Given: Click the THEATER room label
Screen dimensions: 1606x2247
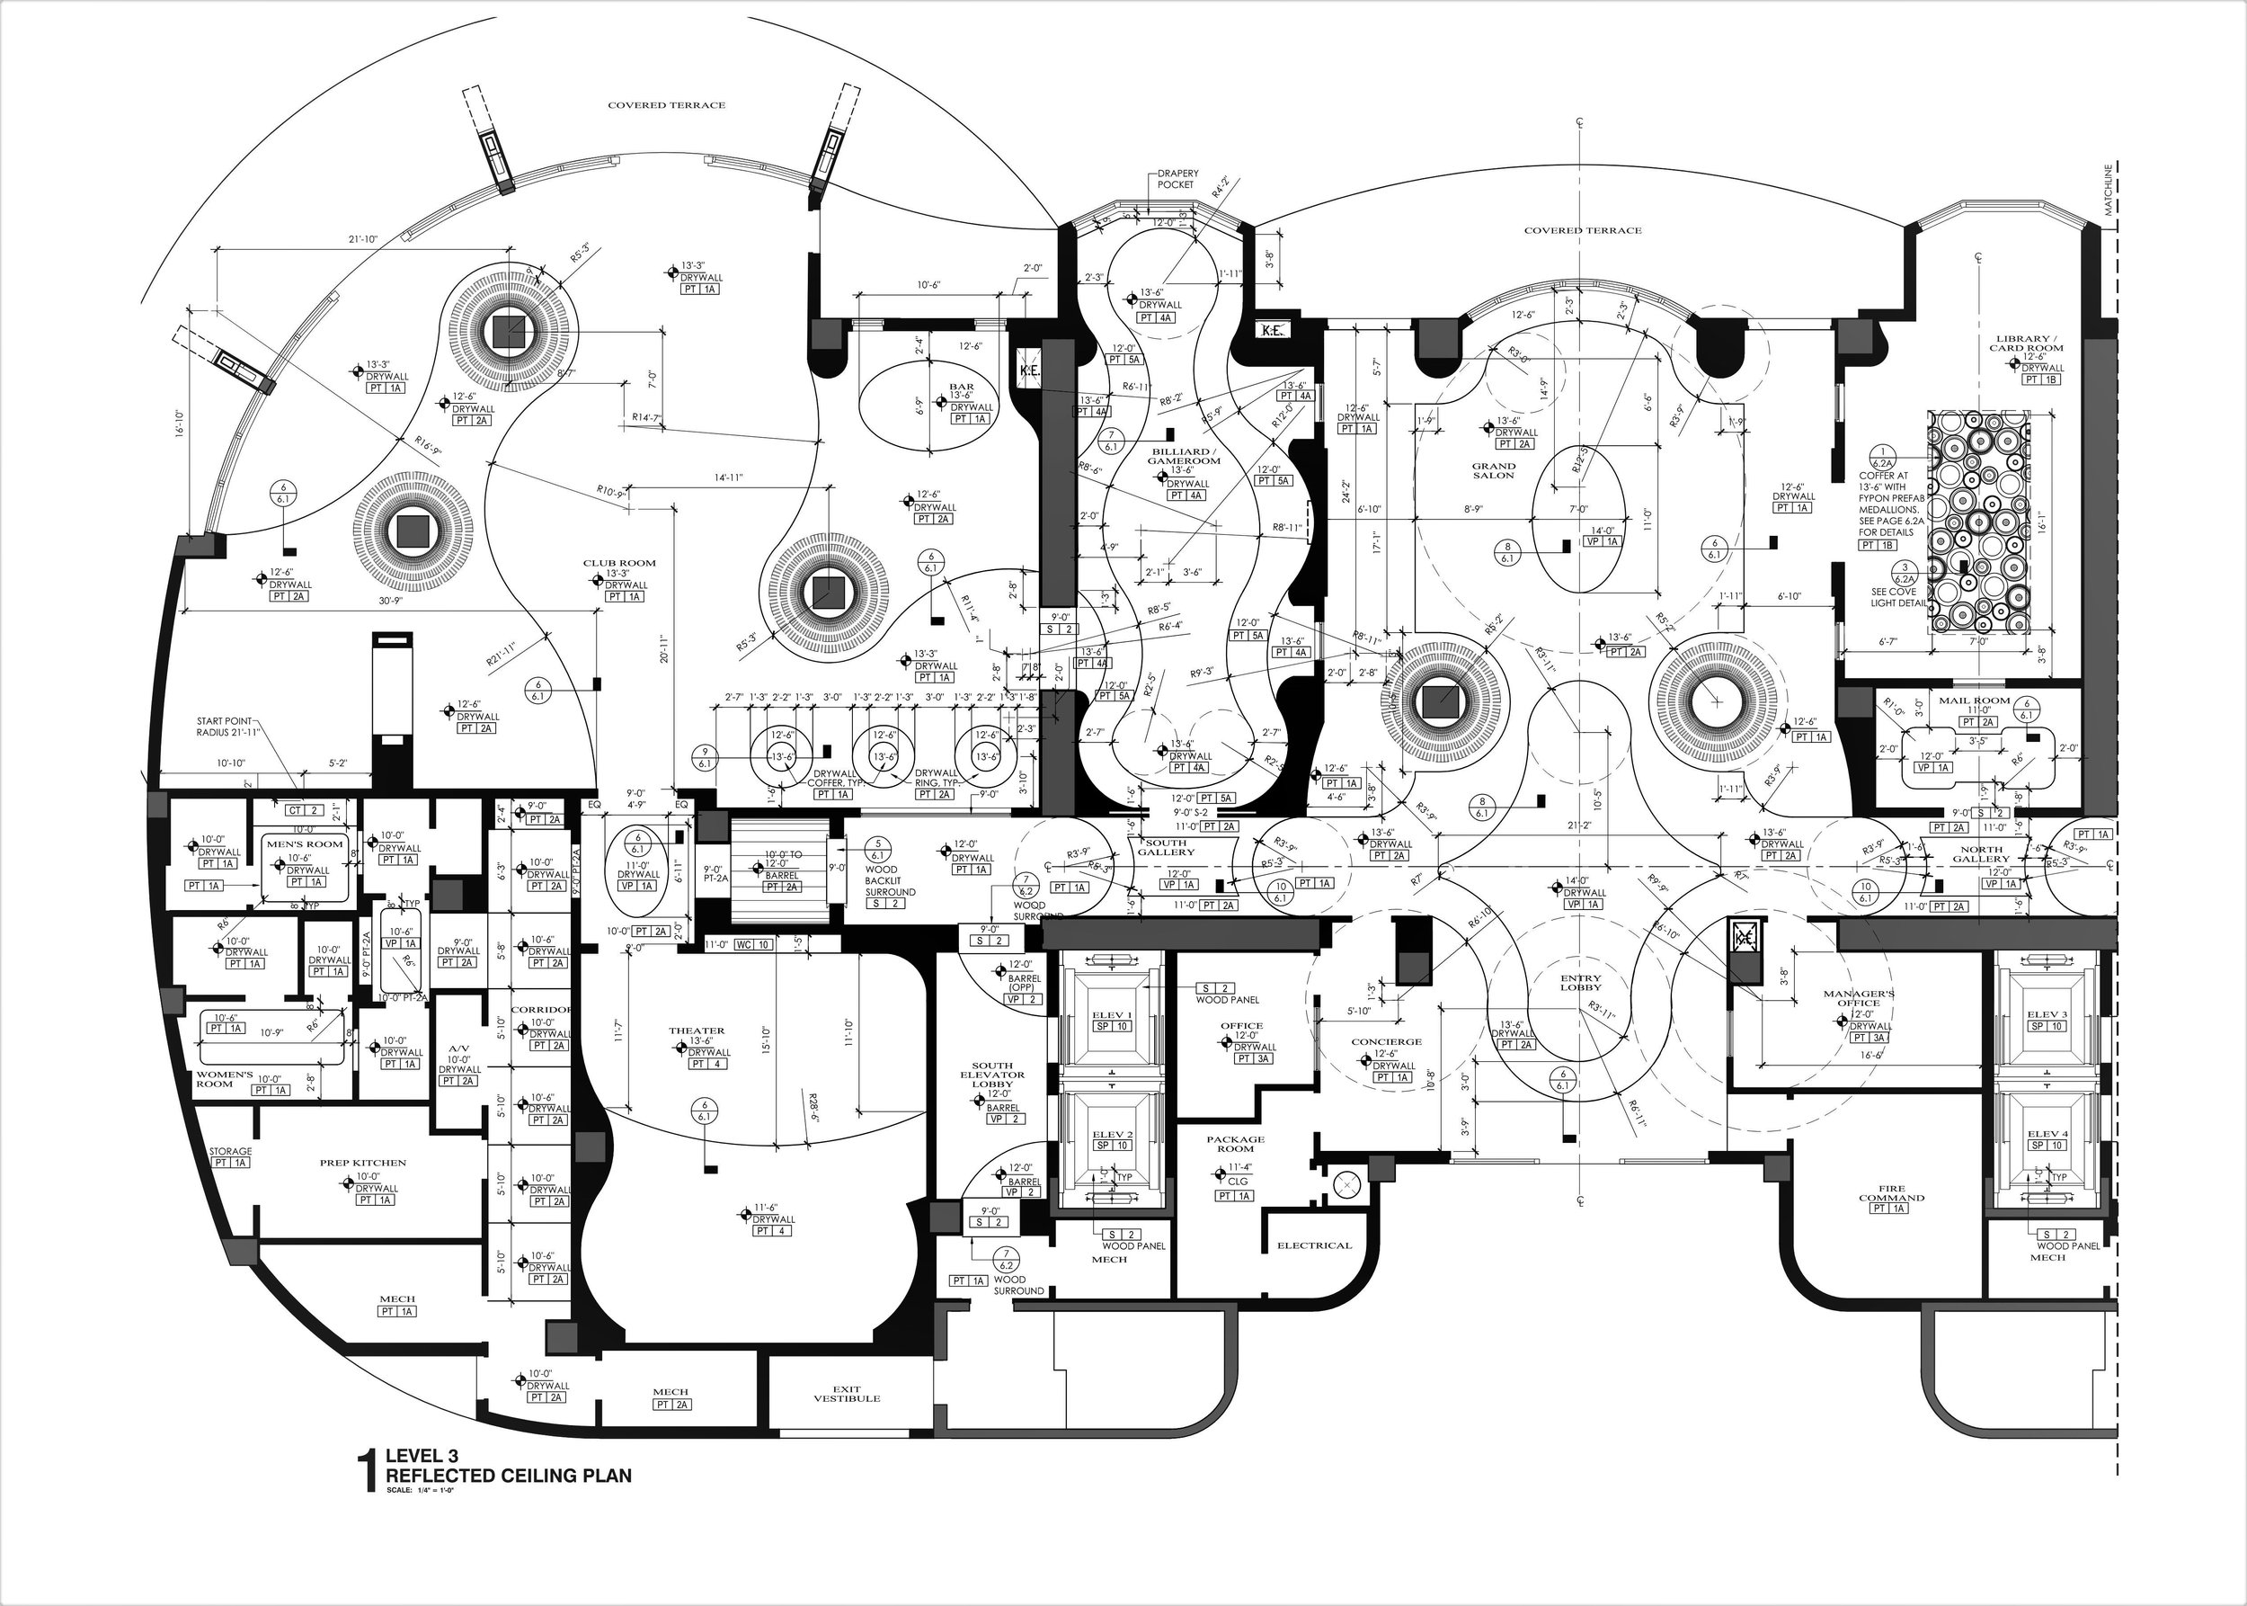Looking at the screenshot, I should tap(696, 1031).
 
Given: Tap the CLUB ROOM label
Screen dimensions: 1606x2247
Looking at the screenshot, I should tap(619, 563).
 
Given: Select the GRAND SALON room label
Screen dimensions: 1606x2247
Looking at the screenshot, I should tap(1493, 470).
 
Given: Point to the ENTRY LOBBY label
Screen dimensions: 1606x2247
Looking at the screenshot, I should tap(1580, 982).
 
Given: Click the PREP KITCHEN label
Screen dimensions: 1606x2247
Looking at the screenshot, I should tap(363, 1163).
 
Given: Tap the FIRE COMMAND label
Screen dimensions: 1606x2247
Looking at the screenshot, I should tap(1891, 1192).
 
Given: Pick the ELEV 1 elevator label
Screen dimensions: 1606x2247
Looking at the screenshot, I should tap(1111, 1015).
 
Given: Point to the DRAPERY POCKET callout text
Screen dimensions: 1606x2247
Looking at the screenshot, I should tap(1177, 179).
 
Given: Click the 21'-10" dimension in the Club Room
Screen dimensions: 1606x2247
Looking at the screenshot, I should tap(364, 239).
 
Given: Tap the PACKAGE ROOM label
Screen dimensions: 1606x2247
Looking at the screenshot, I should tap(1235, 1144).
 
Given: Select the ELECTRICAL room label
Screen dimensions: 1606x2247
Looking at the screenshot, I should tap(1314, 1245).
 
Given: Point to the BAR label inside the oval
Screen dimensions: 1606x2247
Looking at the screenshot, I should tap(961, 387).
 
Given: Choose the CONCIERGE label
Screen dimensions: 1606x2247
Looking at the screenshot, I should tap(1386, 1041).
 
